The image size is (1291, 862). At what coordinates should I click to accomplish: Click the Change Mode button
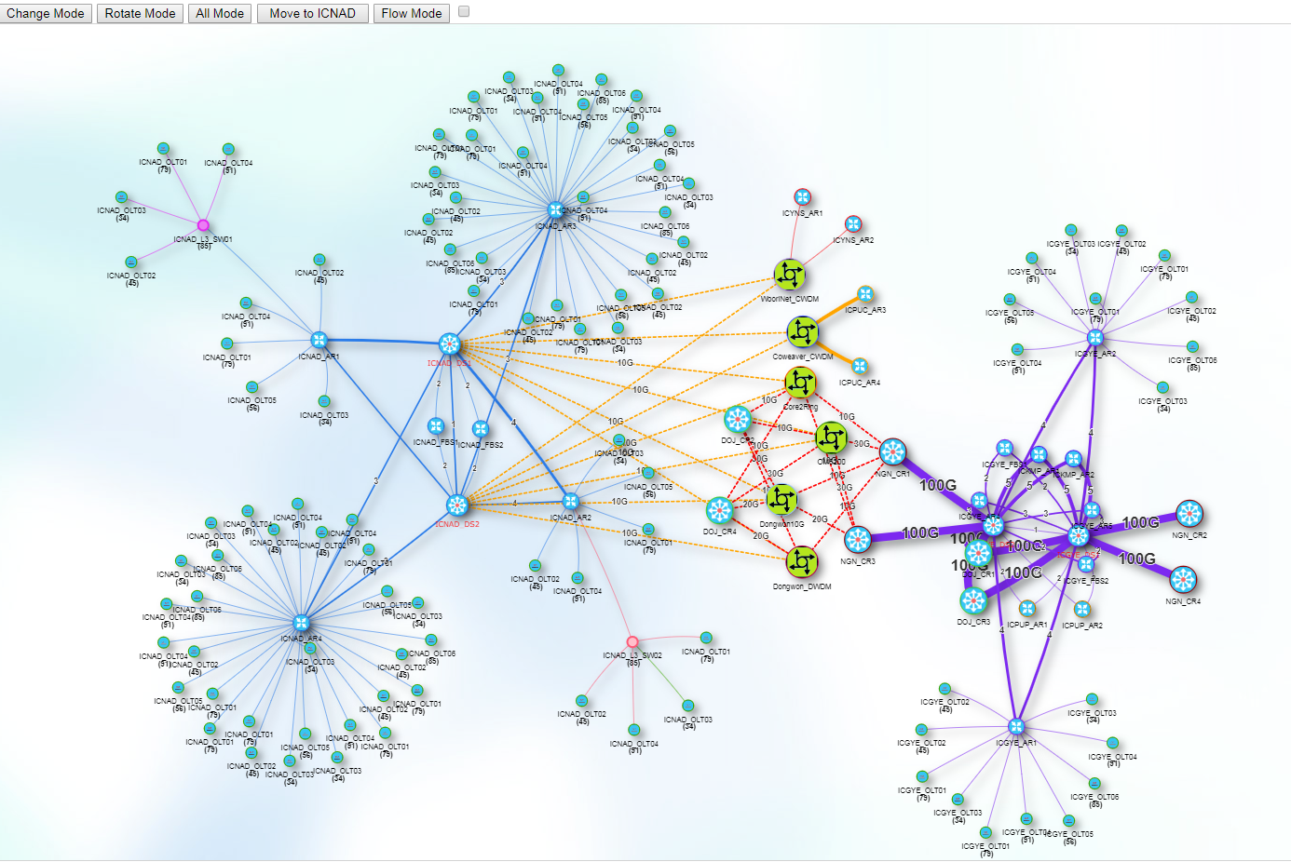(x=46, y=13)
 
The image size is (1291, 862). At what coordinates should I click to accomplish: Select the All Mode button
(x=220, y=13)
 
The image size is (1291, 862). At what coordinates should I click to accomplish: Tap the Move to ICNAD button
(x=312, y=13)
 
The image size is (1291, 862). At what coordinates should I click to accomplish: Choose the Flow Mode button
(x=411, y=13)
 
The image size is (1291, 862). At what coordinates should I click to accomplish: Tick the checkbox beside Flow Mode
(x=464, y=12)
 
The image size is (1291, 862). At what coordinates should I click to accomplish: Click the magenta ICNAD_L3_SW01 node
(x=203, y=225)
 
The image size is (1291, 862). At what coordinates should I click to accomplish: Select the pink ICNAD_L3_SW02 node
(x=632, y=641)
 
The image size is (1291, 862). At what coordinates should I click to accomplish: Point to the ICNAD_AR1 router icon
(x=319, y=340)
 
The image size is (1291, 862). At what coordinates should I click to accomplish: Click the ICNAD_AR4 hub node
(x=301, y=623)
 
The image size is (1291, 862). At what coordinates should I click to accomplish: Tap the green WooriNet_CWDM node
(x=790, y=275)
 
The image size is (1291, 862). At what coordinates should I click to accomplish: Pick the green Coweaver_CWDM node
(x=802, y=331)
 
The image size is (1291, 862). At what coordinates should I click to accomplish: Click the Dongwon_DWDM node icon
(x=801, y=561)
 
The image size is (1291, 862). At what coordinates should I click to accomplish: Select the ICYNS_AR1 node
(x=802, y=196)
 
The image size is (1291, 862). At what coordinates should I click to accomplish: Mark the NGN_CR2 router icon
(x=1189, y=513)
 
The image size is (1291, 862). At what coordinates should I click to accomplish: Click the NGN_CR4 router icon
(x=1183, y=580)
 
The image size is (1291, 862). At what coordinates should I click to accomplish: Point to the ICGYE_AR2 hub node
(x=1095, y=338)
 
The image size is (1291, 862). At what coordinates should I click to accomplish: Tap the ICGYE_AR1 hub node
(x=1016, y=726)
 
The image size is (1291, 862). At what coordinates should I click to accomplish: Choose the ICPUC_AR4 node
(x=860, y=366)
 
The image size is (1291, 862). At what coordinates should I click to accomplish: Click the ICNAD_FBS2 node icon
(x=481, y=428)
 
